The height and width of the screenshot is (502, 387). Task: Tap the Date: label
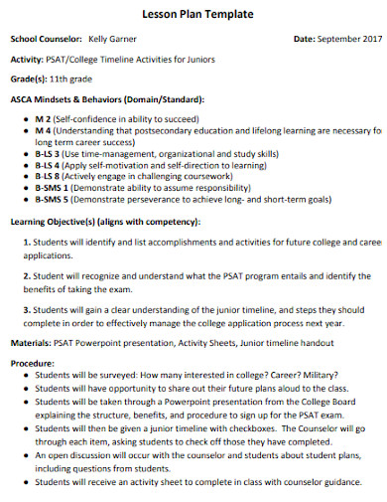point(305,39)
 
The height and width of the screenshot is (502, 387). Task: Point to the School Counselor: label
point(46,39)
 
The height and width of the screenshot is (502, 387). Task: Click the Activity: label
point(27,60)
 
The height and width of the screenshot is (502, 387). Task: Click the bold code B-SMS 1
point(52,189)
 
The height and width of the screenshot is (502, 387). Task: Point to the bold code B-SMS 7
point(52,201)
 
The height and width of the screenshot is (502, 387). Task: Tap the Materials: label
point(31,343)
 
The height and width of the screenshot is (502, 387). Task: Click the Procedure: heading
point(33,364)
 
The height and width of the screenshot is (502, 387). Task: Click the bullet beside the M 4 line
point(26,130)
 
